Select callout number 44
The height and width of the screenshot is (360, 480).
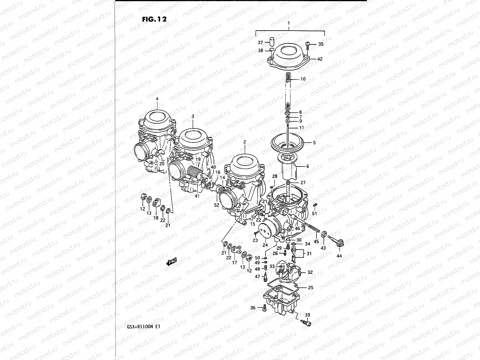pyautogui.click(x=340, y=256)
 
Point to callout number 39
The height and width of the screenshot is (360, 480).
pyautogui.click(x=308, y=315)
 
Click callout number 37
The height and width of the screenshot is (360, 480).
pyautogui.click(x=260, y=43)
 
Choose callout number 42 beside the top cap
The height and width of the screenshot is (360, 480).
pyautogui.click(x=319, y=59)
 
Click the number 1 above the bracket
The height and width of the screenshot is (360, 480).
pyautogui.click(x=289, y=23)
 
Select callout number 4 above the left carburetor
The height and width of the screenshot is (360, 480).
pyautogui.click(x=157, y=99)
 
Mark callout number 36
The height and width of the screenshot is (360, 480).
pyautogui.click(x=253, y=307)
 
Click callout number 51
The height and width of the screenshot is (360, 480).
pyautogui.click(x=314, y=214)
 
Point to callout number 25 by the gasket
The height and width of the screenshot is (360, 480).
pyautogui.click(x=310, y=287)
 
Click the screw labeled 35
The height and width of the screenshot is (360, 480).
pyautogui.click(x=307, y=44)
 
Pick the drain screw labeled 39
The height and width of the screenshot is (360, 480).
pyautogui.click(x=305, y=323)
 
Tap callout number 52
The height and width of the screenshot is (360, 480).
pyautogui.click(x=217, y=205)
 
